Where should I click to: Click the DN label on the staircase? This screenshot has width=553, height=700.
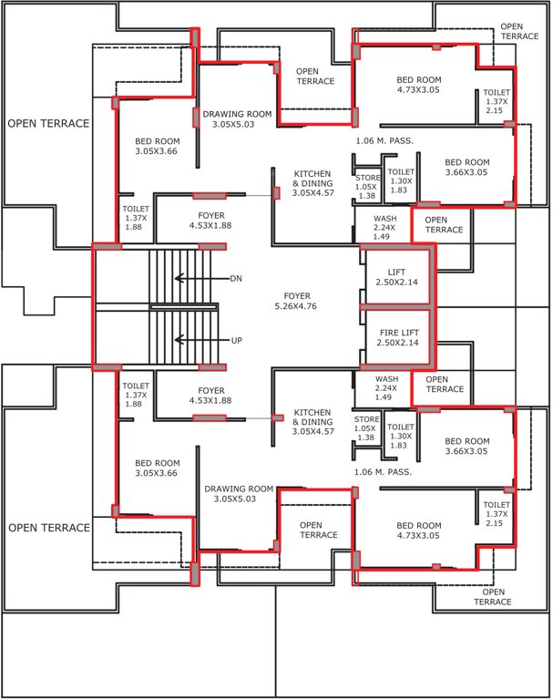click(237, 278)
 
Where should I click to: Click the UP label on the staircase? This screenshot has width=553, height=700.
click(237, 340)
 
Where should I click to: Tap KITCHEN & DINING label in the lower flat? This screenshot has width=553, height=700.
click(312, 421)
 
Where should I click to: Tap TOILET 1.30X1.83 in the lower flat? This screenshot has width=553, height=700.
click(401, 432)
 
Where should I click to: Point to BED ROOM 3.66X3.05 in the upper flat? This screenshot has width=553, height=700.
click(466, 167)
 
